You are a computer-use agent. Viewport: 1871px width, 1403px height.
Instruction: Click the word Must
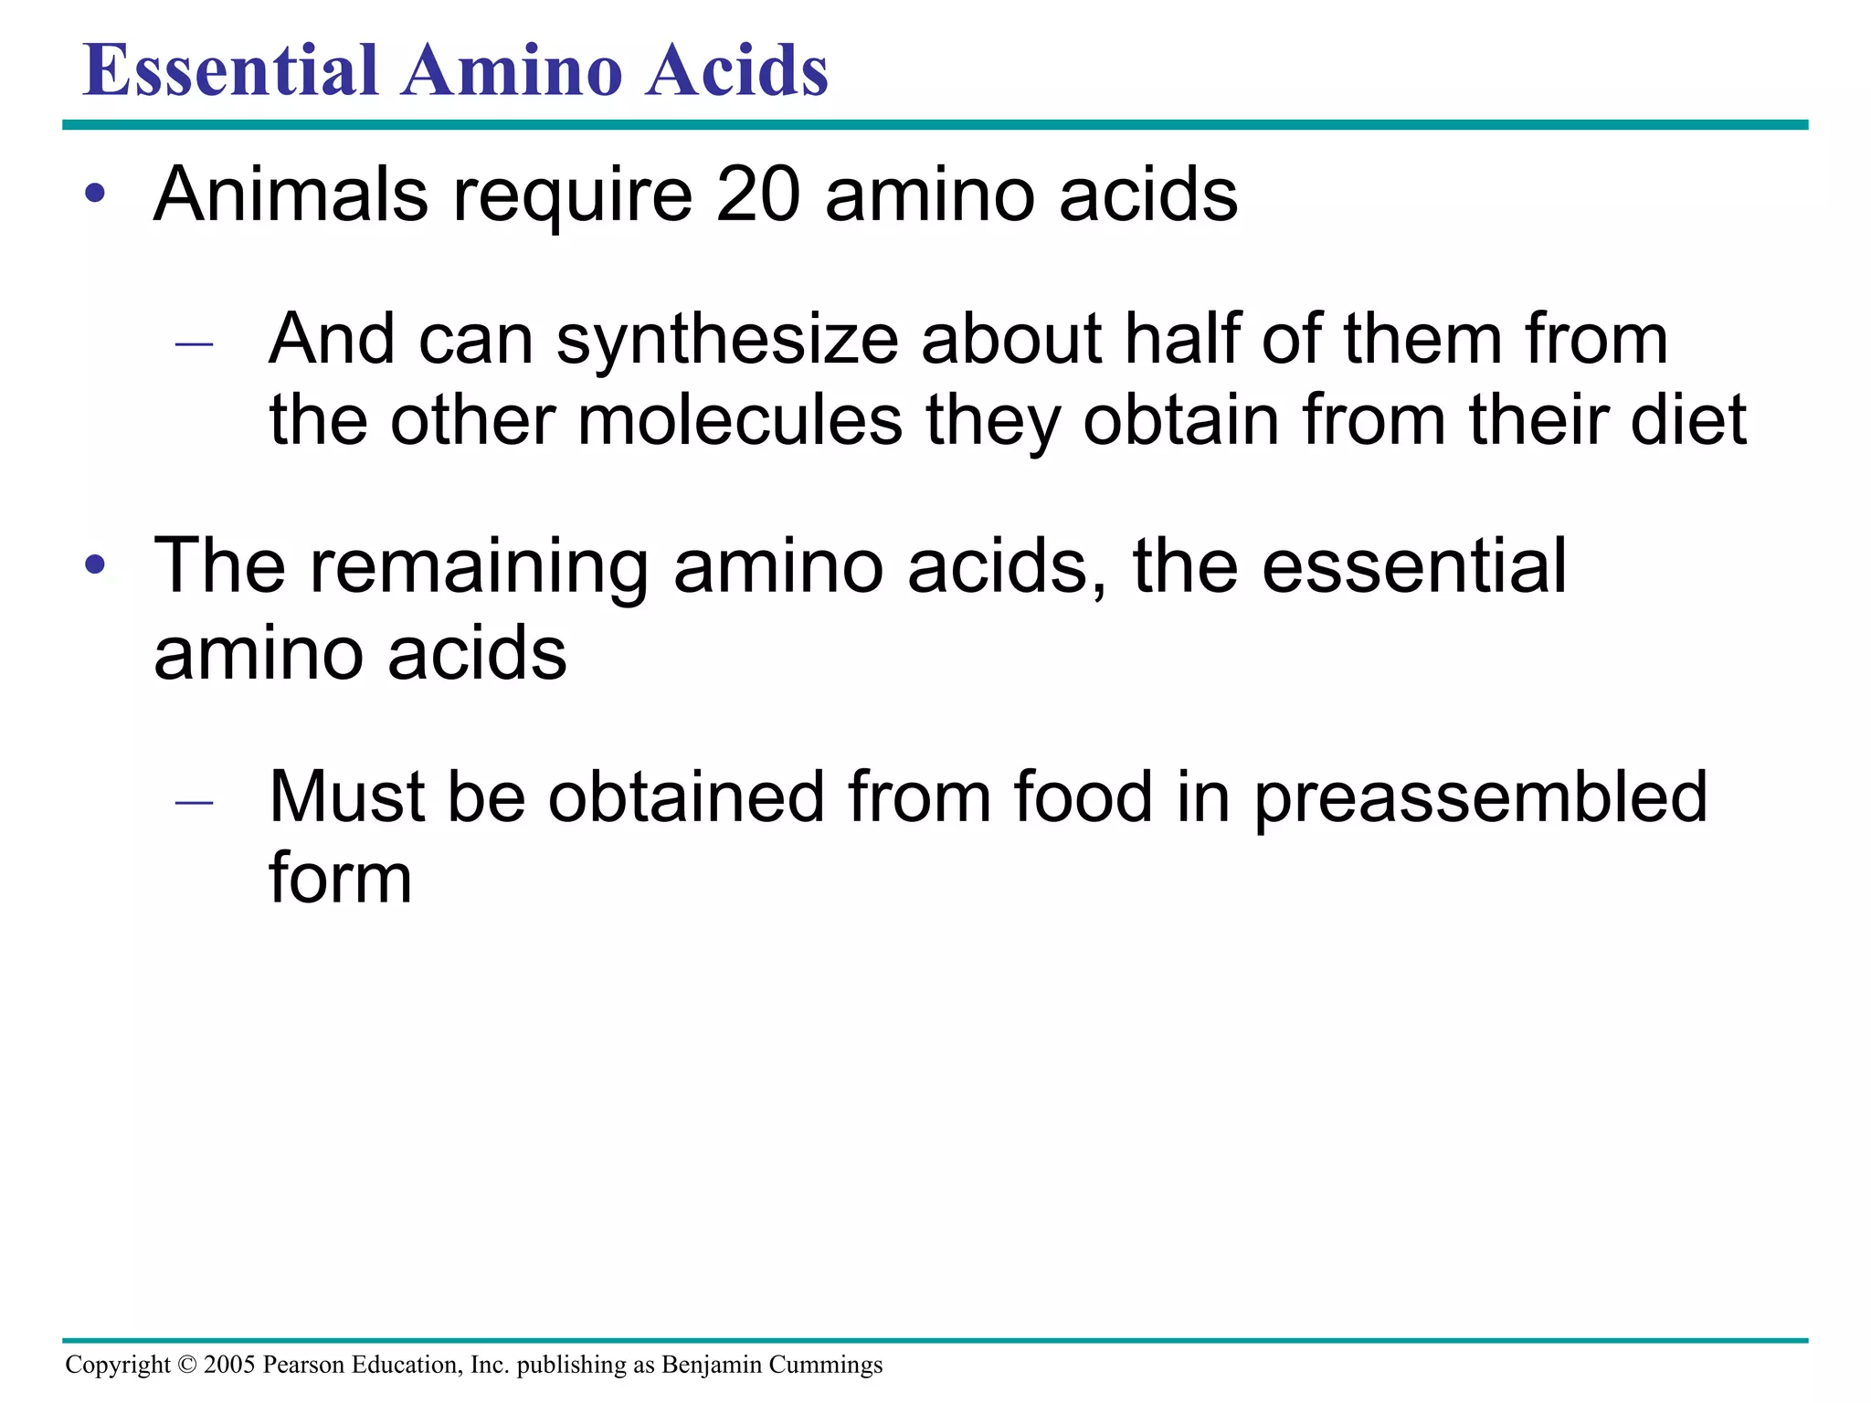click(346, 796)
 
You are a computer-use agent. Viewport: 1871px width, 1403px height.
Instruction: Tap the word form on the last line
click(340, 878)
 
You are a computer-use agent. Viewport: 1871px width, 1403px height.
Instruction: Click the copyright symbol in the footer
click(186, 1365)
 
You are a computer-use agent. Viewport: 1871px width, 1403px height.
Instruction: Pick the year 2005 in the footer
click(229, 1365)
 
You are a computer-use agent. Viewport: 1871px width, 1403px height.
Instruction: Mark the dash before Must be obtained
click(194, 802)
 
